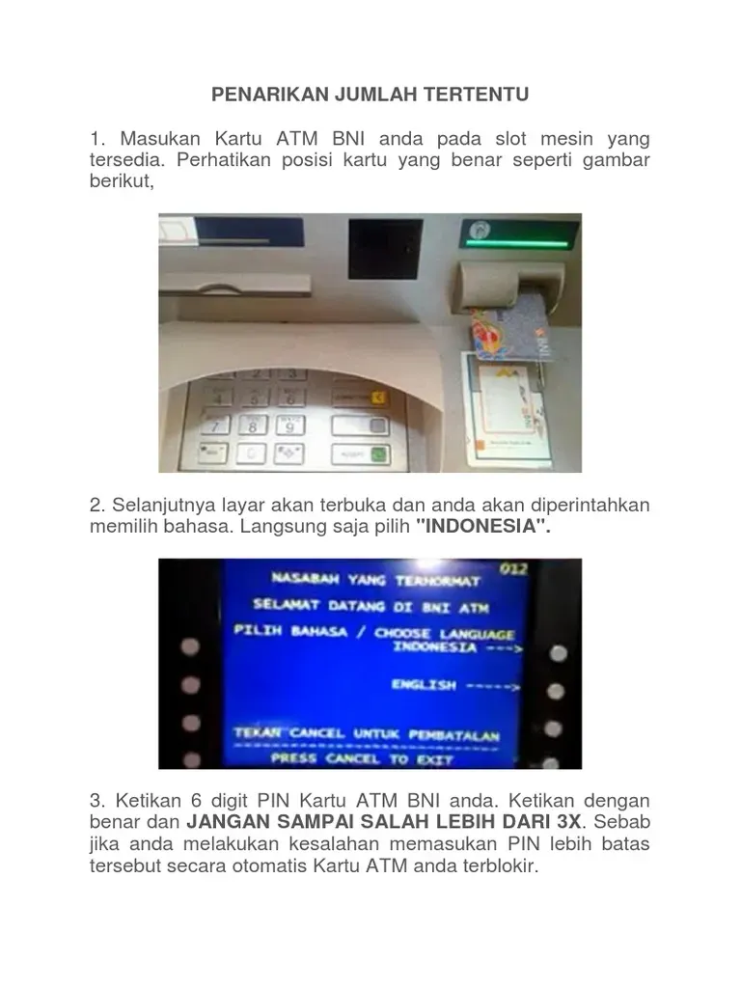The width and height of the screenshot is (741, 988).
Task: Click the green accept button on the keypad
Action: pos(377,453)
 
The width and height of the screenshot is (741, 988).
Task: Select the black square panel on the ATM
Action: pos(385,248)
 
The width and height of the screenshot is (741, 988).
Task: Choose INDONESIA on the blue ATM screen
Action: pos(433,648)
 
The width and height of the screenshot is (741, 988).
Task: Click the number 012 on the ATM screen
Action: pos(513,568)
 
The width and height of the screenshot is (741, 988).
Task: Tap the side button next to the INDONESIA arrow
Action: pos(557,653)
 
